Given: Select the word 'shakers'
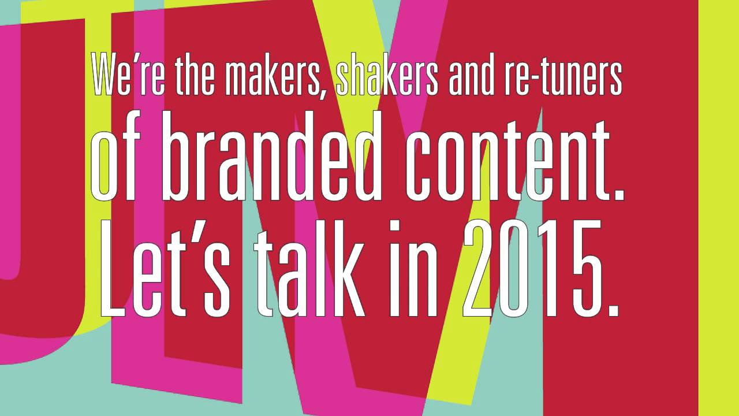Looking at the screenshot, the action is coord(387,75).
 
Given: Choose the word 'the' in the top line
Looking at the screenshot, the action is coord(195,75).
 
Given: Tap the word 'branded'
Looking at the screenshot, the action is coord(271,156).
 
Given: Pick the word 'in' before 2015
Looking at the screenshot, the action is coord(414,268).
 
